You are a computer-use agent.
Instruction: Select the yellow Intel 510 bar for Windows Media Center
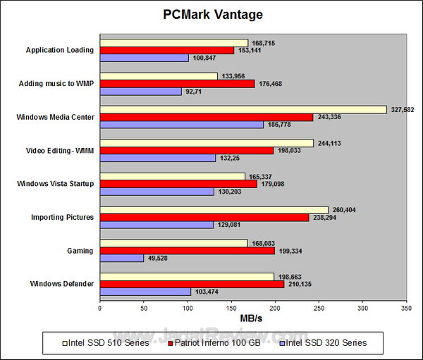pos(243,109)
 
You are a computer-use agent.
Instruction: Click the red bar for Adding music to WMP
pos(177,84)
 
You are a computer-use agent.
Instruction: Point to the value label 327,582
pos(403,109)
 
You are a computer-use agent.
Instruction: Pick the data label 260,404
pos(345,210)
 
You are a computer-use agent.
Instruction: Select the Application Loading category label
pos(60,50)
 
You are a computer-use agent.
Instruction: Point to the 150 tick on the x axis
pos(231,308)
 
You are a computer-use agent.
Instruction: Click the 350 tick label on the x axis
pos(405,308)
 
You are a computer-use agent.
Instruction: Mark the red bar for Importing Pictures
pos(204,218)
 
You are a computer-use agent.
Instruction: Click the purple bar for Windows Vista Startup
pos(157,192)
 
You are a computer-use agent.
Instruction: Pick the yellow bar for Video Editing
pos(207,142)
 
